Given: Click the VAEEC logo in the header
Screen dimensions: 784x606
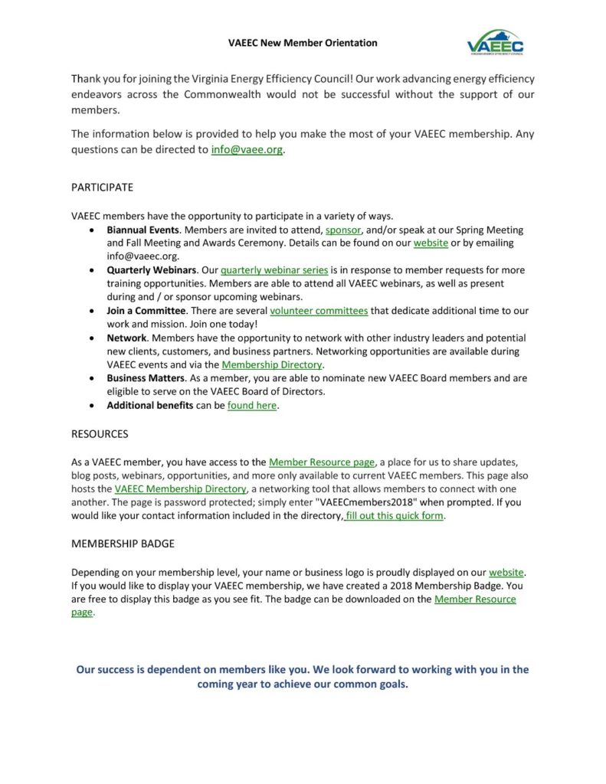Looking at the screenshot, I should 495,43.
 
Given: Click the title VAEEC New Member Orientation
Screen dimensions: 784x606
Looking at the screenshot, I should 303,43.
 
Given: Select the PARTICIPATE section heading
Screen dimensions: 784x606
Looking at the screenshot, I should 102,187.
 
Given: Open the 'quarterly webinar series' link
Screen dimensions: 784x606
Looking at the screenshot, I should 274,270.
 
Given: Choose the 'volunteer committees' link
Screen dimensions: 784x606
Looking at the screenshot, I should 319,311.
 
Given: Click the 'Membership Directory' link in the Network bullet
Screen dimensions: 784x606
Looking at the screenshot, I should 272,365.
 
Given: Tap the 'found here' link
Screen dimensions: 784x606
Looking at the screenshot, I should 251,406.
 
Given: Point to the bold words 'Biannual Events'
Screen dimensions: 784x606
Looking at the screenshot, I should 143,230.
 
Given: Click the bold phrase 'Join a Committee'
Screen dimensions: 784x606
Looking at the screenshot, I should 146,311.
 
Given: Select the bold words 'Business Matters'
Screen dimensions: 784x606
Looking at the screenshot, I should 146,378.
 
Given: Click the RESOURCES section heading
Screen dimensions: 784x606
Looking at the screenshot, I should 100,433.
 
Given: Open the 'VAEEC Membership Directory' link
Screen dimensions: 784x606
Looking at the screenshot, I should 181,488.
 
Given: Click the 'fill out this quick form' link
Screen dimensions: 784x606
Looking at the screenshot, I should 395,515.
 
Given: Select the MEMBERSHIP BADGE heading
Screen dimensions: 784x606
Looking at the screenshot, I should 123,544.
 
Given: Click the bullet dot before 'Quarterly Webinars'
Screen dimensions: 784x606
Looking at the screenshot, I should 93,270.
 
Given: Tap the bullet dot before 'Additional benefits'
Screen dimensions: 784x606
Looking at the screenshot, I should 93,406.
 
